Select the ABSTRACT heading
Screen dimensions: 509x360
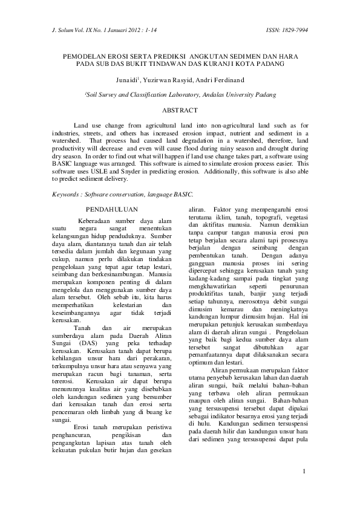point(180,111)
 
